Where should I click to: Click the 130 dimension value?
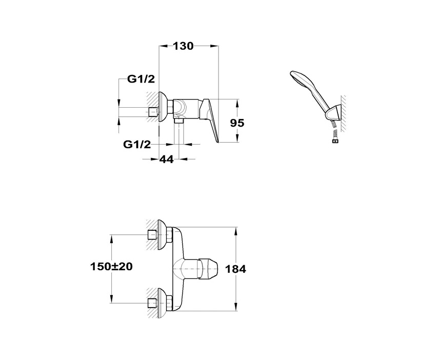click(x=183, y=46)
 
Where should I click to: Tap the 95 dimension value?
click(x=237, y=123)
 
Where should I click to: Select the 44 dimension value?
click(x=166, y=159)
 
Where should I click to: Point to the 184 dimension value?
click(x=235, y=269)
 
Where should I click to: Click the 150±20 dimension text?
click(x=111, y=267)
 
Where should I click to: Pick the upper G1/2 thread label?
click(x=141, y=79)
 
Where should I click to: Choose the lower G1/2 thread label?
click(x=137, y=144)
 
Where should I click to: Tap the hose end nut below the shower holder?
click(x=335, y=141)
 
